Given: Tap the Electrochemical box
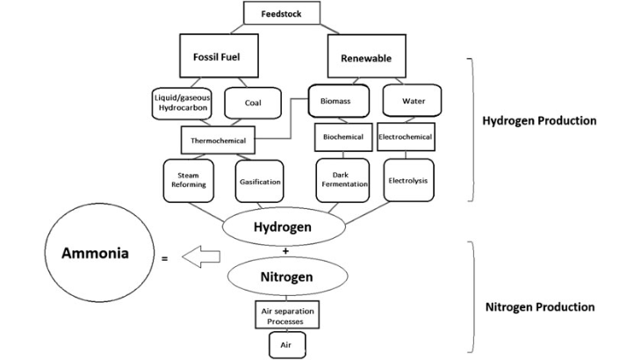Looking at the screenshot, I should [x=406, y=137].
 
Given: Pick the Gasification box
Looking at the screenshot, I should [x=259, y=181].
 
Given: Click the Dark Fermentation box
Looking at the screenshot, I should [x=340, y=181].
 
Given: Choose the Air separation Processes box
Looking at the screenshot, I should [x=286, y=315].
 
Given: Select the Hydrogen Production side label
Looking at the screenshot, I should [x=539, y=120].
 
